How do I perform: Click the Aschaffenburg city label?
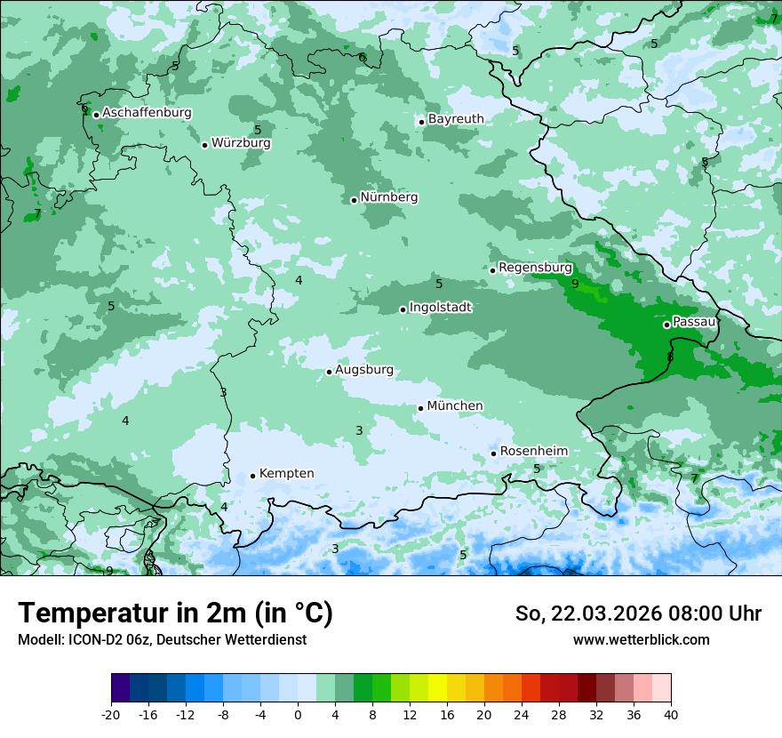click(147, 113)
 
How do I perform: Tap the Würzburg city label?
click(241, 143)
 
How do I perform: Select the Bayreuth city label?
click(456, 119)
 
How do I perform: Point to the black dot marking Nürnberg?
click(354, 200)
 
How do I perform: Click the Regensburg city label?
click(535, 268)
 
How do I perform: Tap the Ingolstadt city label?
click(440, 308)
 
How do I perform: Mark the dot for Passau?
click(666, 325)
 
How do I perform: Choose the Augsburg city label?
click(363, 370)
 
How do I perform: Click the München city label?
click(455, 406)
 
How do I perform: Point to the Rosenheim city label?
click(533, 452)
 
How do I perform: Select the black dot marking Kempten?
click(252, 476)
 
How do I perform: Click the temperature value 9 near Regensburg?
click(575, 285)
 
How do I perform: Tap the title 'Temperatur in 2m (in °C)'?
click(175, 613)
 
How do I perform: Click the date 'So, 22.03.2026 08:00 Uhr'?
click(638, 614)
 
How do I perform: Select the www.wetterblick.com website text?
click(641, 639)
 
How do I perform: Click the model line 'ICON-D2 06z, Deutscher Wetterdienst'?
click(162, 639)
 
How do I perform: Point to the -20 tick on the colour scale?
click(111, 714)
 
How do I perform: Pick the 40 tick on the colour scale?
click(670, 714)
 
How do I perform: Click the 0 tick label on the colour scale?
click(298, 714)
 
